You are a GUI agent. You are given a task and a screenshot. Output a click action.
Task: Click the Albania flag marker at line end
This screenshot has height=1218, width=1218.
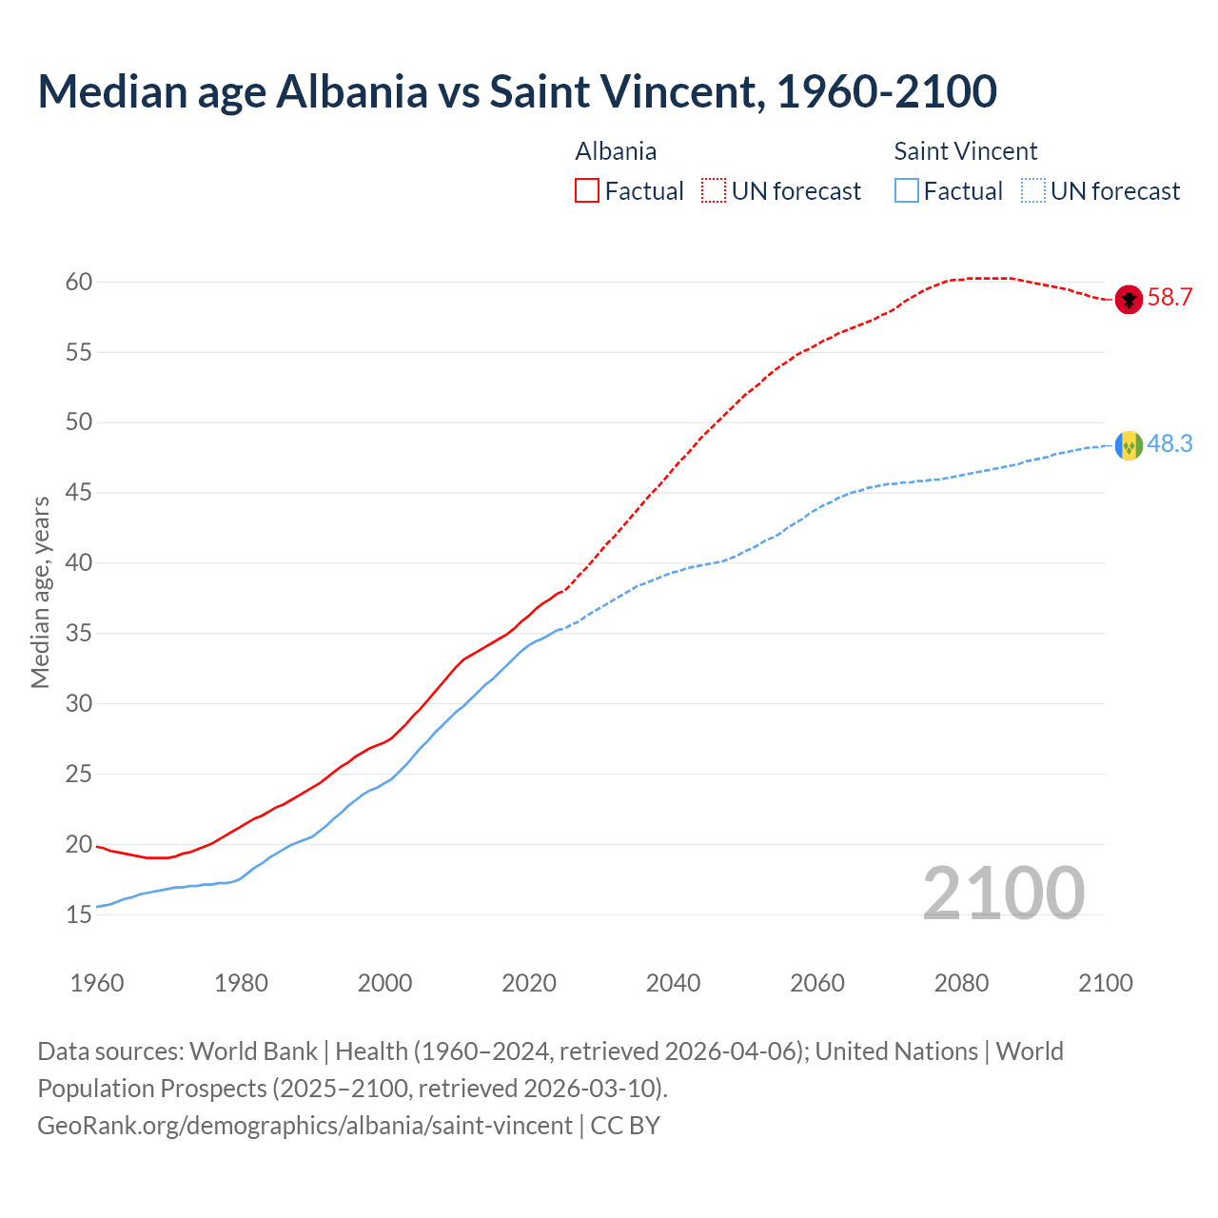[x=1129, y=299]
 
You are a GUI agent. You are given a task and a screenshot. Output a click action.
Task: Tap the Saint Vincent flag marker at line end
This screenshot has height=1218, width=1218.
[x=1129, y=445]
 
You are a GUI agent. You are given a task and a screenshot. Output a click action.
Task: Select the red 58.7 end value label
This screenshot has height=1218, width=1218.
[x=1169, y=298]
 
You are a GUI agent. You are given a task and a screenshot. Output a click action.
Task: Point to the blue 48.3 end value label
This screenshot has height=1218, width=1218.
[x=1169, y=444]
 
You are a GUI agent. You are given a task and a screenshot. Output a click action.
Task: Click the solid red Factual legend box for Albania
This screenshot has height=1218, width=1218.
[x=587, y=191]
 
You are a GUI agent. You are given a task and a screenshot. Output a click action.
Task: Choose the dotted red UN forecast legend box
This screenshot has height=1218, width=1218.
[x=714, y=191]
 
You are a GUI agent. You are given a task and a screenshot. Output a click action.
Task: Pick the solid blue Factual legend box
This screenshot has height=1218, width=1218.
[x=907, y=191]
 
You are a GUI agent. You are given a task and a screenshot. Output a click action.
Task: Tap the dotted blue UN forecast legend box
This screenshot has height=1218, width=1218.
[x=1033, y=191]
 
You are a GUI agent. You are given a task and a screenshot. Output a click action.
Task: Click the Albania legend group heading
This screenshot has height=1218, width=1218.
[x=616, y=151]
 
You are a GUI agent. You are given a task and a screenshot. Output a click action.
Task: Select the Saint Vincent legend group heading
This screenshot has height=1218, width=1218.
[x=965, y=151]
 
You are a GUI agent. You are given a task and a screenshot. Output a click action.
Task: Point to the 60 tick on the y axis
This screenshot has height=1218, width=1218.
[x=79, y=282]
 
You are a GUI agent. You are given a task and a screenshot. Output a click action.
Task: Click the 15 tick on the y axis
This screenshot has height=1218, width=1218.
[x=79, y=914]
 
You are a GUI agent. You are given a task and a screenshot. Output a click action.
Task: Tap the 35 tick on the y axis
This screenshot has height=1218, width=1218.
[x=79, y=634]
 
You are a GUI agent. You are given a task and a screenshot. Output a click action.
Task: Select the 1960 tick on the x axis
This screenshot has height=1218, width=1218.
[x=97, y=983]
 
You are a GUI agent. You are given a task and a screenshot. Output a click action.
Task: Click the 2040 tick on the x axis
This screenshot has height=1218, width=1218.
[x=673, y=983]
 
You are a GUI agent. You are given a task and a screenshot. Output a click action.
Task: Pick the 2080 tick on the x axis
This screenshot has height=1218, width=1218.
[x=961, y=983]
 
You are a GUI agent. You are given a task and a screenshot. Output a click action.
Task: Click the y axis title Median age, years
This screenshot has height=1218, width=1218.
[x=40, y=592]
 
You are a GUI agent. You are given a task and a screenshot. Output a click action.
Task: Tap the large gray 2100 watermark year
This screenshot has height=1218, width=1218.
[x=1003, y=893]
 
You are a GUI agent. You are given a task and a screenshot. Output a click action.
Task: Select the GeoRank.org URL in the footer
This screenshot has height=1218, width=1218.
[x=304, y=1126]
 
